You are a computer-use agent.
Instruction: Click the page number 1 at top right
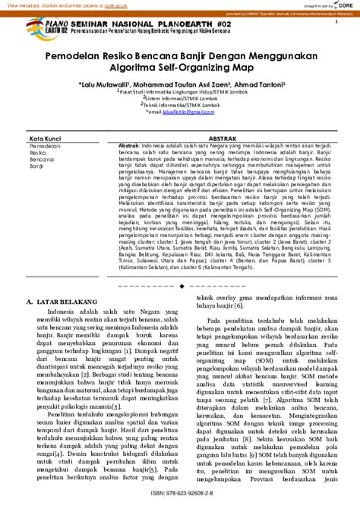coord(335,22)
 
